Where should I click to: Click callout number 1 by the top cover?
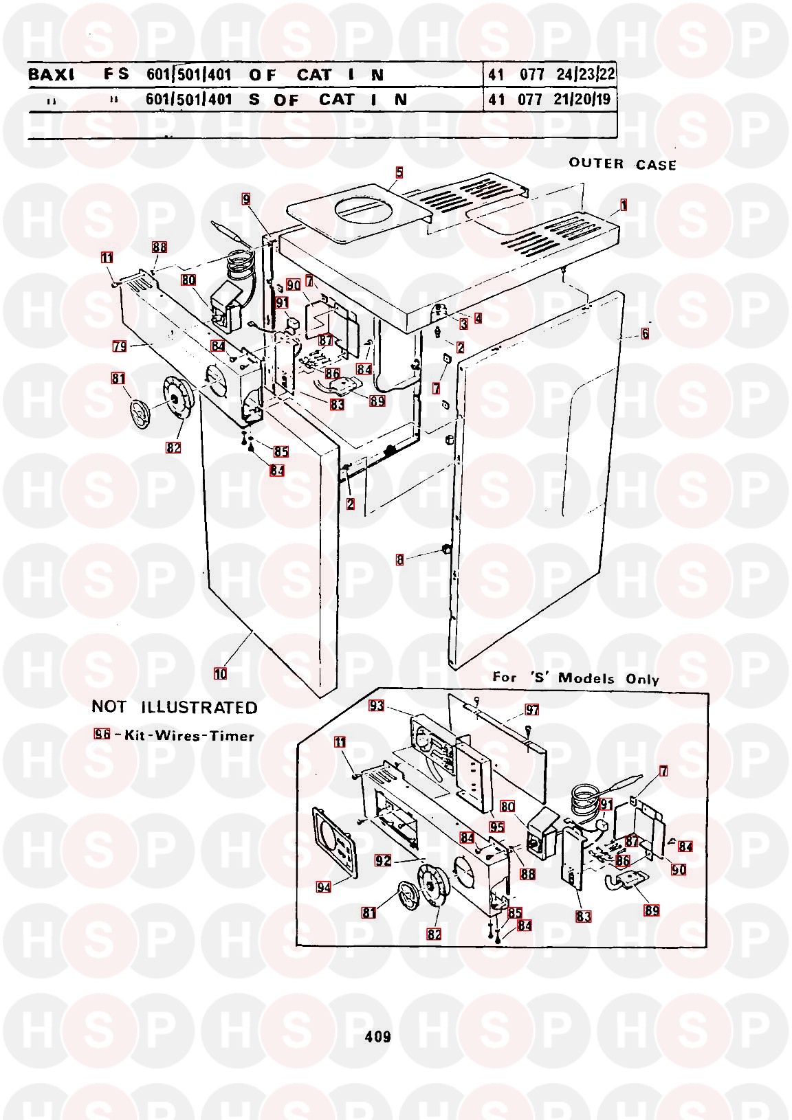624,205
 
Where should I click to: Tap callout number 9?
245,200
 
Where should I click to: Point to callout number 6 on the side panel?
645,334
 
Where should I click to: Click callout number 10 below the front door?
220,673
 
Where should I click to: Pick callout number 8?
400,560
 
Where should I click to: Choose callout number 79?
120,347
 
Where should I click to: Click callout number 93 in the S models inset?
376,706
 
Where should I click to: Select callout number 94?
323,887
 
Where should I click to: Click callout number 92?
383,860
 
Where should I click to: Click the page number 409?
377,1036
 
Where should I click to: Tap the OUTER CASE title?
622,164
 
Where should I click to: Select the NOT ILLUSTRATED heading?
175,707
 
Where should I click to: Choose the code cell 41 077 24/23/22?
551,75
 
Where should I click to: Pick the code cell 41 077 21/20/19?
551,100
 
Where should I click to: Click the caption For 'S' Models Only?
575,678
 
